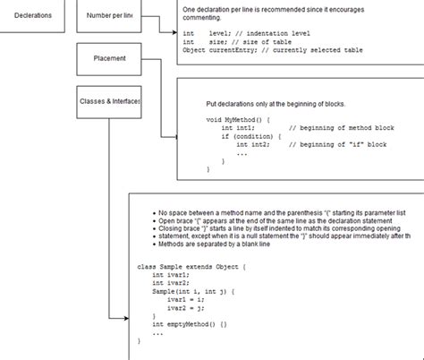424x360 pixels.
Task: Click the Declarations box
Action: pos(33,15)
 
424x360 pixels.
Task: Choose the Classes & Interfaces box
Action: pos(110,101)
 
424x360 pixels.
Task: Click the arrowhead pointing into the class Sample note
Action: pos(125,318)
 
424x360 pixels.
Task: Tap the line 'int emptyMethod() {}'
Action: pos(190,324)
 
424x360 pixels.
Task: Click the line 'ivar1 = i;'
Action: pos(187,300)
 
